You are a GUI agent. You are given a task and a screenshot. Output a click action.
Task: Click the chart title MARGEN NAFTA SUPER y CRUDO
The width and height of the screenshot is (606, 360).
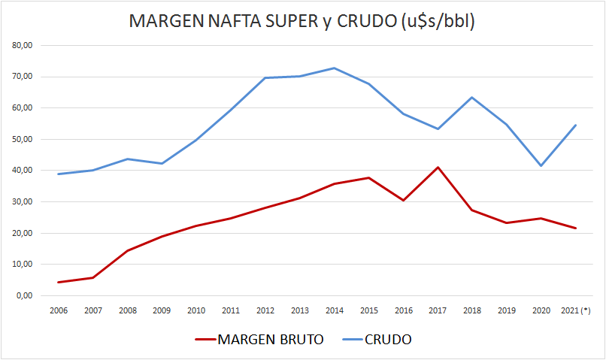pos(302,21)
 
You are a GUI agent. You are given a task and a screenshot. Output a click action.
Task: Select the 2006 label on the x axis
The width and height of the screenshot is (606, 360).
pos(58,310)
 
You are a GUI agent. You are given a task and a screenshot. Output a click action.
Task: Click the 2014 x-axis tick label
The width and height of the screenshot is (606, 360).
pos(334,310)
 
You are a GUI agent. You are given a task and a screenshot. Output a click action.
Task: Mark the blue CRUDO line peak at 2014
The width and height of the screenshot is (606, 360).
pos(334,68)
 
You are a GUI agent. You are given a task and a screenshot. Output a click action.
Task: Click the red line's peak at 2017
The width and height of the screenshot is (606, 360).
pos(438,167)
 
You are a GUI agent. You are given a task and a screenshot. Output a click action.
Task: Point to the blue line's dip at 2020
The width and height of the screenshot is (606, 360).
pos(541,165)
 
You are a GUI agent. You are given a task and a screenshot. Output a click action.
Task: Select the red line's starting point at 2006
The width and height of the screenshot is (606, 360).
pos(58,283)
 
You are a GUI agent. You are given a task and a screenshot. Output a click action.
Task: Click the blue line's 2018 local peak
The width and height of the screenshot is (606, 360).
pos(472,97)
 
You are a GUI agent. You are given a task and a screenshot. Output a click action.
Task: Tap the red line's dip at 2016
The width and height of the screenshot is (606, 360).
pos(403,201)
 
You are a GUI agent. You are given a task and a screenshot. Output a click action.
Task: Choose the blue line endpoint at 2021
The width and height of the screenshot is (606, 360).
pos(576,125)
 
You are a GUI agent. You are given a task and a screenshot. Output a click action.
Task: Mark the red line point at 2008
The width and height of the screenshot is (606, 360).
pos(127,250)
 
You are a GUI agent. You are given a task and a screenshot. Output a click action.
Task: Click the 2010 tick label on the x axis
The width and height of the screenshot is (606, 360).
pos(196,310)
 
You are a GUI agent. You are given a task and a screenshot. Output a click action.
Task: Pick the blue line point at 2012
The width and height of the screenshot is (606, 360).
pos(265,77)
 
